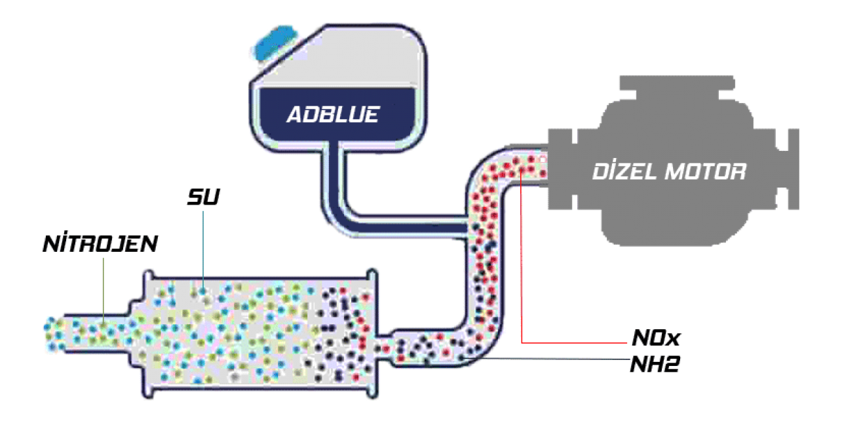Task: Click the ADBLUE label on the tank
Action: pos(333,114)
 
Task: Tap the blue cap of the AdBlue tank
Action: pos(275,42)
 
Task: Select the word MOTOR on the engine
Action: pos(705,172)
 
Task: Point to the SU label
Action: pos(203,197)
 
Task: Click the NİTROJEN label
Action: pos(100,244)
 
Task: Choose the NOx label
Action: pos(656,338)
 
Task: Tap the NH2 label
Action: pos(655,364)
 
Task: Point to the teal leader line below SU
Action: pos(203,251)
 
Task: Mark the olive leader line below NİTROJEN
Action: pos(104,291)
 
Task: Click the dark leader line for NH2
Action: pos(545,359)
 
